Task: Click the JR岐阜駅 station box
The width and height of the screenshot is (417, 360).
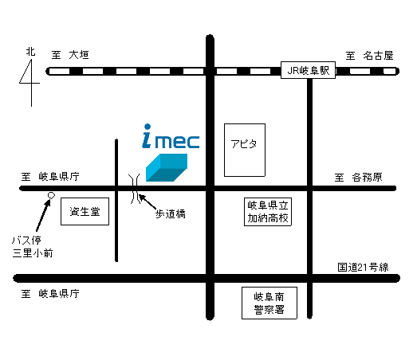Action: click(x=308, y=70)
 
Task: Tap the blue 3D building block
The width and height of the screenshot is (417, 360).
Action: click(x=167, y=167)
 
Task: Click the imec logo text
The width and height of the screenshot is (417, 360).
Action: click(x=171, y=136)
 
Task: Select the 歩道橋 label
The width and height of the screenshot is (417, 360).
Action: click(x=171, y=214)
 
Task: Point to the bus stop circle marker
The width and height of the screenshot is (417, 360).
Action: click(x=51, y=196)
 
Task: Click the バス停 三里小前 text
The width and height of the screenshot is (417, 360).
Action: click(x=33, y=247)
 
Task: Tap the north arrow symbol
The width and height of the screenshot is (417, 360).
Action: click(x=30, y=83)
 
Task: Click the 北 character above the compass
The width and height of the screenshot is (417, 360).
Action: click(x=30, y=52)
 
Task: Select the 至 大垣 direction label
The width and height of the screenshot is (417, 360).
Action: click(x=70, y=55)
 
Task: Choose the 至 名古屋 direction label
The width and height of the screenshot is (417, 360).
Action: click(x=369, y=56)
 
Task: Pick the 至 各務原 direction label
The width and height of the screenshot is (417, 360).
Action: click(x=358, y=177)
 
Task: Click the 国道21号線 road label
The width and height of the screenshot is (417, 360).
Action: click(x=363, y=268)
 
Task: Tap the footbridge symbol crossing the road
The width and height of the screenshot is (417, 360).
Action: click(x=134, y=189)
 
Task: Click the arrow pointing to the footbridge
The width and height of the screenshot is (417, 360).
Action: click(x=148, y=202)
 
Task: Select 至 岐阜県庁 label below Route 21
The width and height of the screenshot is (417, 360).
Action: click(x=50, y=294)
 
